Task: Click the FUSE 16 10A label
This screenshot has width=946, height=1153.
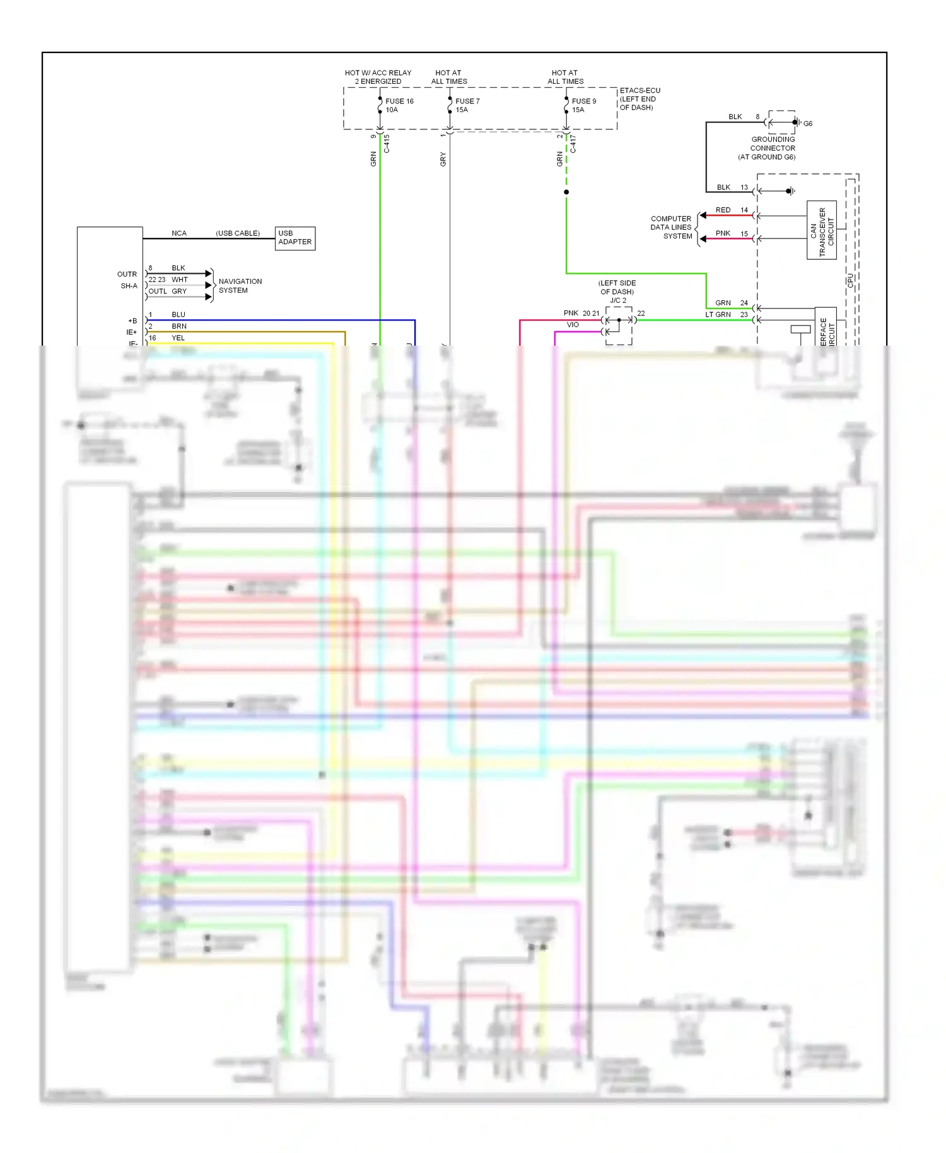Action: point(399,105)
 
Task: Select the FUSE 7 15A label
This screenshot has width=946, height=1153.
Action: point(467,105)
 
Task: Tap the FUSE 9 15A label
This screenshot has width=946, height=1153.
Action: point(583,105)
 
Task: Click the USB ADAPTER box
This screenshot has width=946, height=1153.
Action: point(295,238)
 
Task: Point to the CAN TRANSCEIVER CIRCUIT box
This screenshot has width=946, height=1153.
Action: point(821,230)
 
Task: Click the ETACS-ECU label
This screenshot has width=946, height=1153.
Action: point(639,91)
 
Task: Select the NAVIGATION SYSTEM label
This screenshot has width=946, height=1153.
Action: point(240,286)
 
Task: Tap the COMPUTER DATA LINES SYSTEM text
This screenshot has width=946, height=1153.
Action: point(671,227)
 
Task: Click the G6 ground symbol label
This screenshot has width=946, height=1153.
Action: point(807,124)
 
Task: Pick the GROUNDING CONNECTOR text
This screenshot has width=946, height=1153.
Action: point(772,144)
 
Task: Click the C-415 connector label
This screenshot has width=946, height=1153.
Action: point(387,144)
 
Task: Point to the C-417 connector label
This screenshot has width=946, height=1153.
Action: point(573,144)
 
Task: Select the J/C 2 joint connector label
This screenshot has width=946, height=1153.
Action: point(617,300)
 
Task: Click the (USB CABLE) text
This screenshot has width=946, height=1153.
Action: point(237,233)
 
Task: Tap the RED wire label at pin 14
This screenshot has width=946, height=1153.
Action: point(723,210)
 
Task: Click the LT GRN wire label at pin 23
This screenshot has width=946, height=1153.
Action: point(718,315)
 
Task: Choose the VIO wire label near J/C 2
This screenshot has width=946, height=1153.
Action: point(572,325)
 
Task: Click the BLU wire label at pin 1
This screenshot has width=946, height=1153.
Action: point(178,315)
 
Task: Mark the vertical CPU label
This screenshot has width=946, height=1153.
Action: point(850,281)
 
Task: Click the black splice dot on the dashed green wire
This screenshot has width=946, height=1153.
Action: point(566,192)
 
